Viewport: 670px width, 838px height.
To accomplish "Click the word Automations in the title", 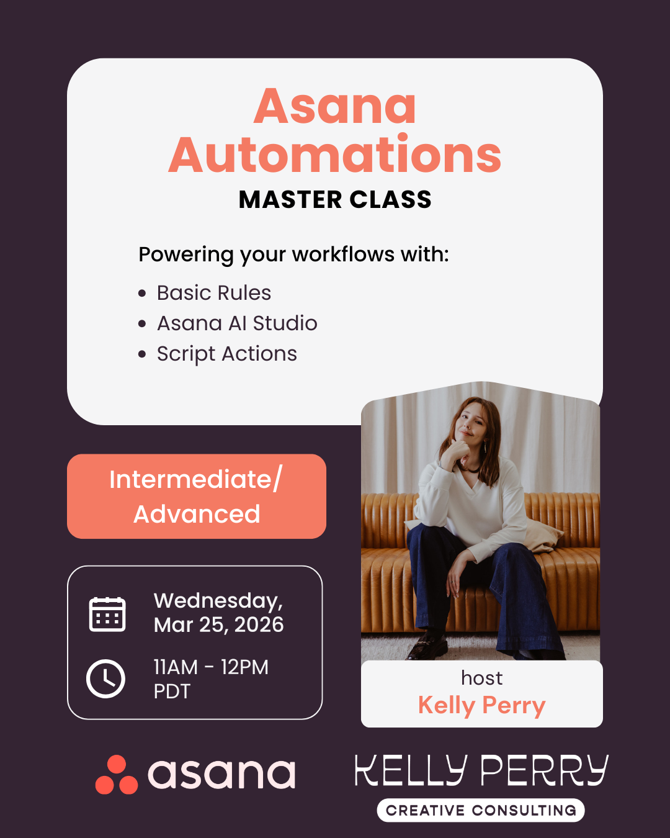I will [x=335, y=155].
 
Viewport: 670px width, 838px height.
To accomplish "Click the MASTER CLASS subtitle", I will [x=335, y=200].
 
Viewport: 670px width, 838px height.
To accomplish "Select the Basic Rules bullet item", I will [x=213, y=292].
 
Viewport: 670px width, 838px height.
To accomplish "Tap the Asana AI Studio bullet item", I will [x=236, y=323].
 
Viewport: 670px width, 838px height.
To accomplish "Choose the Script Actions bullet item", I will [x=226, y=354].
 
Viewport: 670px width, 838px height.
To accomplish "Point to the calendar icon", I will [x=107, y=614].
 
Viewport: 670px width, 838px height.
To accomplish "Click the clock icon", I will [x=105, y=678].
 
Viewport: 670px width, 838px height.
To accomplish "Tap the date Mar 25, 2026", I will [x=218, y=625].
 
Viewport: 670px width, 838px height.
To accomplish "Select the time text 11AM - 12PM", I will [x=211, y=667].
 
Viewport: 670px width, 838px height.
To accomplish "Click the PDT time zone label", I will [x=172, y=692].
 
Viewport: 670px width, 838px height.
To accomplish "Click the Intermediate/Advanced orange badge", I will [x=196, y=497].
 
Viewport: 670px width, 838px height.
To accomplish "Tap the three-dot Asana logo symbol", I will [x=117, y=775].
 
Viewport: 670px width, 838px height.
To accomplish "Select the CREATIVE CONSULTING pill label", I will [x=481, y=811].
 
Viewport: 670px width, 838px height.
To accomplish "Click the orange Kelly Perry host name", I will [x=481, y=706].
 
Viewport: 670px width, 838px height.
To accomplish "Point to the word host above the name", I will [x=481, y=678].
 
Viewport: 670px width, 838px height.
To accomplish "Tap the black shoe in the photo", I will [x=428, y=649].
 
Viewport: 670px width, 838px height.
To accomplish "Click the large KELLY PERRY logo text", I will [x=481, y=771].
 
